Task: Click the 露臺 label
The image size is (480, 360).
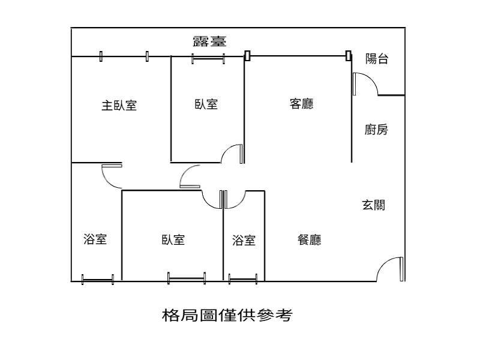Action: point(209,41)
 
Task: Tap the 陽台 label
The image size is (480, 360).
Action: point(377,58)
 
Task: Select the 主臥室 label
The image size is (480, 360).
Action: point(119,106)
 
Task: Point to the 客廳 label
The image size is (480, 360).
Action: point(302,104)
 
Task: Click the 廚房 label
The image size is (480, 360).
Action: point(376,130)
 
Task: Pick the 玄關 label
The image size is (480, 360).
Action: point(373,205)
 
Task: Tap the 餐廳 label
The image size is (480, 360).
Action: point(310,239)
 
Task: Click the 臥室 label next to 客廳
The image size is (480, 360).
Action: point(206,104)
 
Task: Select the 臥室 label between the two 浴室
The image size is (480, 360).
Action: point(173,239)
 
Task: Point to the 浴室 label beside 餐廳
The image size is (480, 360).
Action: point(244,241)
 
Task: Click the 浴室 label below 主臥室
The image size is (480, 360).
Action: point(95,239)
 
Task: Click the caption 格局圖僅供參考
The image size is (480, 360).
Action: point(227,315)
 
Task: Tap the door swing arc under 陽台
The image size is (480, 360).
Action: point(372,79)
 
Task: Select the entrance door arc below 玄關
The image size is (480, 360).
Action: point(382,264)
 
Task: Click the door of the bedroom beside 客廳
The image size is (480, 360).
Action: point(227,149)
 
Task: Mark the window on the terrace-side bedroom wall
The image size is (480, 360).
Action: point(208,58)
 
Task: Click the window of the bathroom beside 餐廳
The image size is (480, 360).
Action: point(243,279)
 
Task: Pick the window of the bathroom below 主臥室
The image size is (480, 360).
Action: point(98,280)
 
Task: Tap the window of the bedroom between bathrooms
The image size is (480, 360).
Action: point(187,278)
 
